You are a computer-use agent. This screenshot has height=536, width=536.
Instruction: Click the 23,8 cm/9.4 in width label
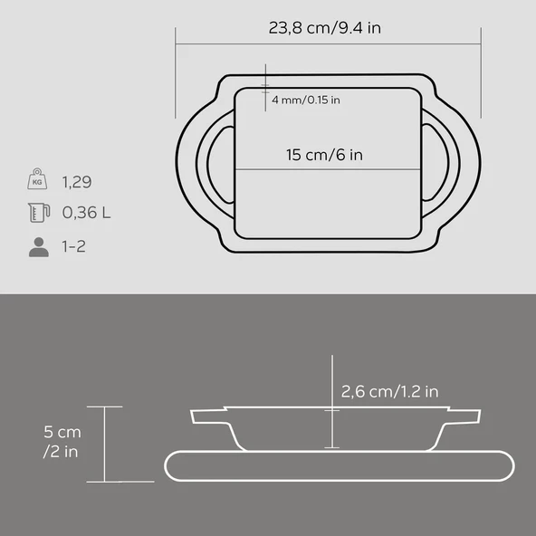(x=324, y=28)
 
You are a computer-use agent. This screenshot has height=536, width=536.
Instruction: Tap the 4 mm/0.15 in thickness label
(x=306, y=100)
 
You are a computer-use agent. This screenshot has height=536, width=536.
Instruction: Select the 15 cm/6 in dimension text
(x=324, y=155)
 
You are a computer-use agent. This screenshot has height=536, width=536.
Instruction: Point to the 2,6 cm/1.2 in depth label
(x=389, y=391)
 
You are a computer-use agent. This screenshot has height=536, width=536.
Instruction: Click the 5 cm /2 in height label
(x=62, y=442)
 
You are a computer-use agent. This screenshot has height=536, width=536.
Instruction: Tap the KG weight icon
(x=37, y=178)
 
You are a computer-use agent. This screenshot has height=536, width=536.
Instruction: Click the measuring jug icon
(x=39, y=213)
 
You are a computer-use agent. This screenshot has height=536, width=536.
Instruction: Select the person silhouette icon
(x=39, y=247)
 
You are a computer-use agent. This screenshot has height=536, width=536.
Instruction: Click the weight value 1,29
(x=77, y=182)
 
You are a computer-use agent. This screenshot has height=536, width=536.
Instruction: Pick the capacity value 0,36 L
(x=86, y=213)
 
